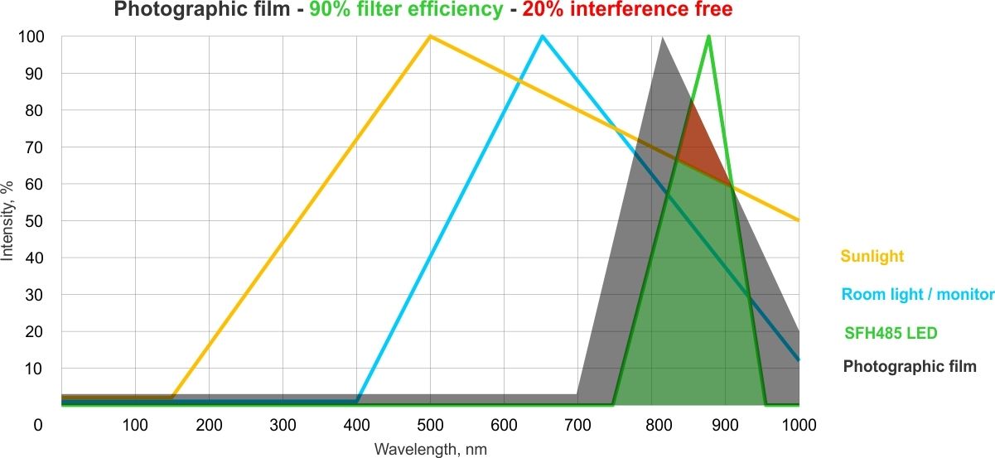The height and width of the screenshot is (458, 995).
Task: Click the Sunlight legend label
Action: click(872, 256)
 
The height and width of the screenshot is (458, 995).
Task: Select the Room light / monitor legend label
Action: click(917, 294)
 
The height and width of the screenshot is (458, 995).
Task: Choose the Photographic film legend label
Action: click(910, 366)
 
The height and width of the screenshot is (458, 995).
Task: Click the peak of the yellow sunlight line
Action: click(430, 36)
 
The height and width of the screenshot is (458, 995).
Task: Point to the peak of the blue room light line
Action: click(542, 36)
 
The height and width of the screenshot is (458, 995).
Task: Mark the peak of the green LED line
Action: click(708, 36)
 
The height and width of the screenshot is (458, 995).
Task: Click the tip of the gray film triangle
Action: click(663, 38)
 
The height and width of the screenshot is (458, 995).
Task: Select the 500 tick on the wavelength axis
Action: click(430, 425)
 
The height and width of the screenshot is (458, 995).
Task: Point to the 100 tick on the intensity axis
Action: click(34, 37)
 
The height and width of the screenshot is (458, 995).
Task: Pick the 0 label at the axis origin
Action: click(36, 425)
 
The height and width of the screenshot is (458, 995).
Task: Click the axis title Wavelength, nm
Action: click(430, 449)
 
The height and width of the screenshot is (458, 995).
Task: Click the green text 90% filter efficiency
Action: click(406, 11)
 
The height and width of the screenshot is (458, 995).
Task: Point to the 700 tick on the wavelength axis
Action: click(577, 425)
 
